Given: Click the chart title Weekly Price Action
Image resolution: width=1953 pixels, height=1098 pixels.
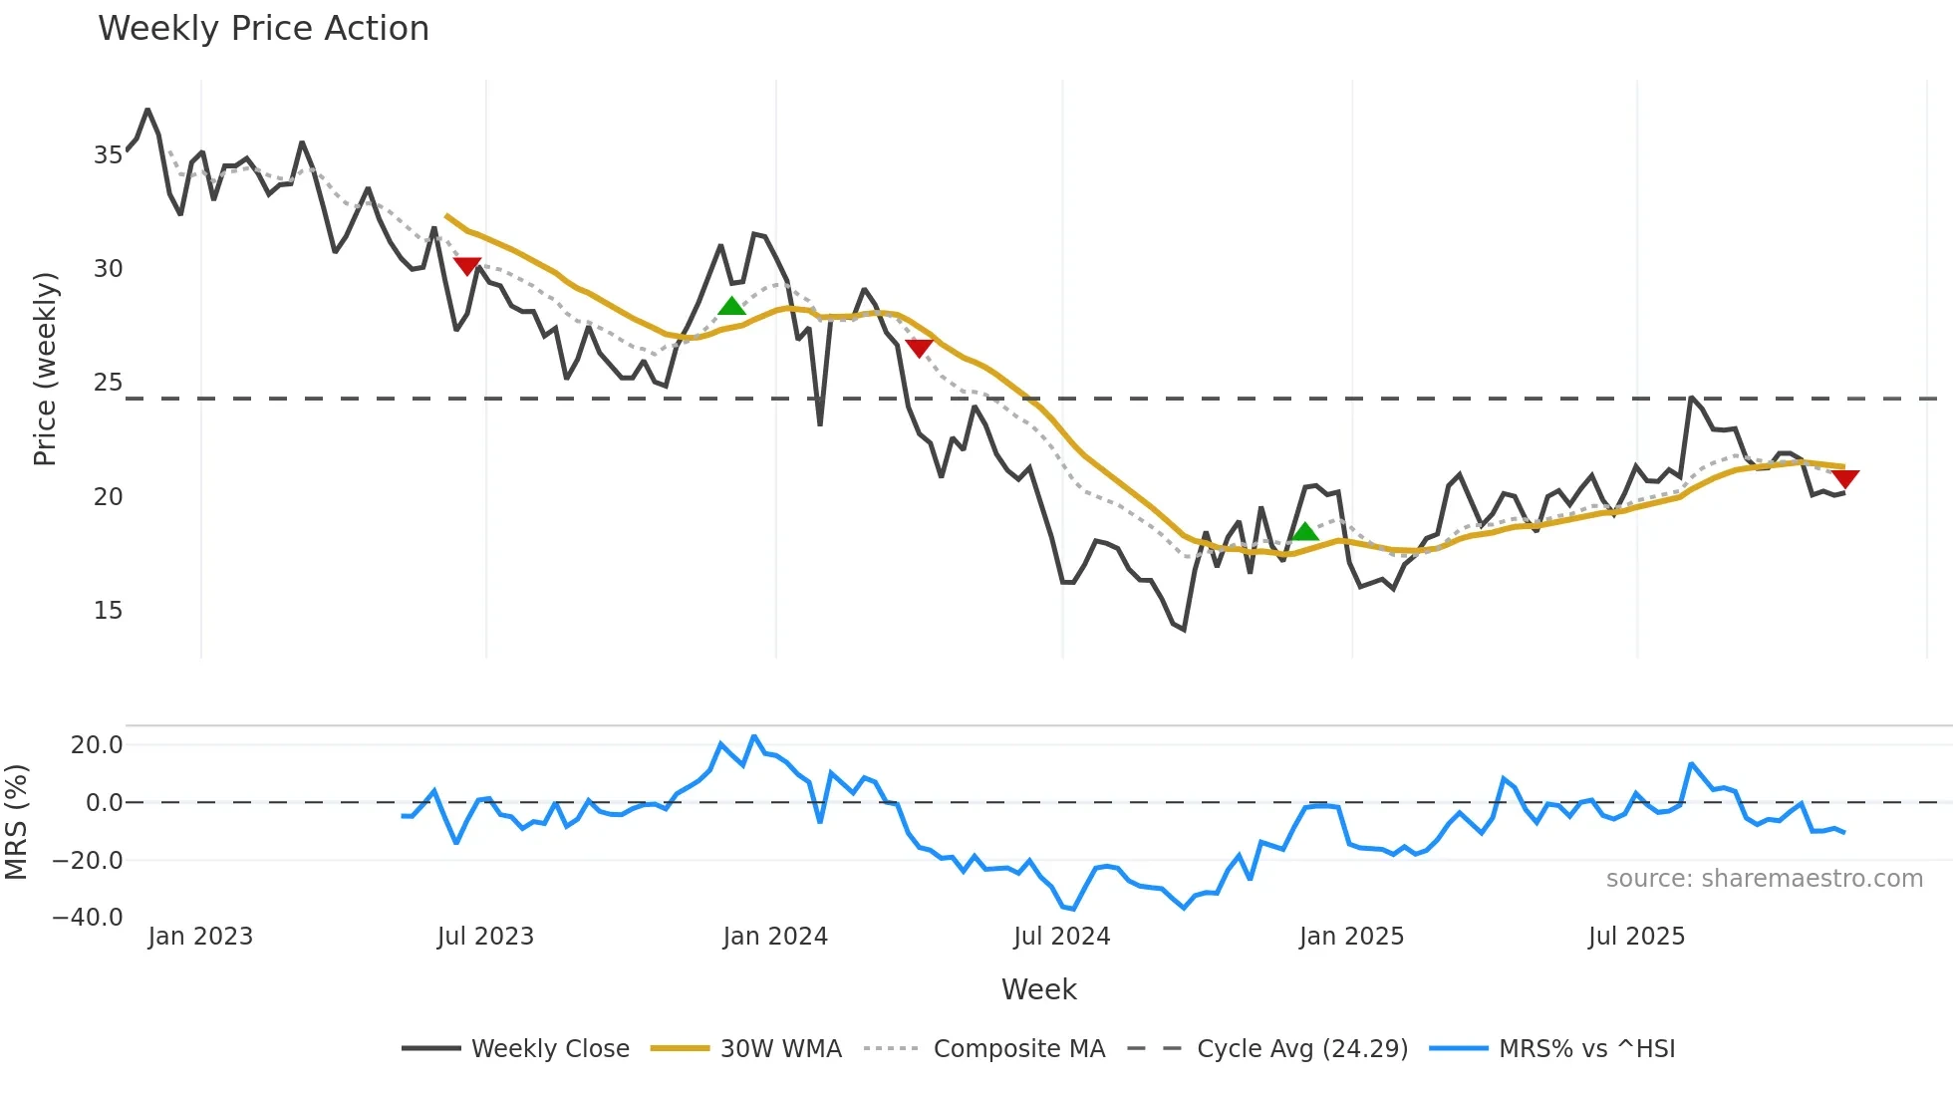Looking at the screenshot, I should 263,29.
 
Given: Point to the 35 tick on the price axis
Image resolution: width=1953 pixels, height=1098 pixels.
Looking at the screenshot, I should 108,155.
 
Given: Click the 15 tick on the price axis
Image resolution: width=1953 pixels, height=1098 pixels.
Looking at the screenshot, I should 108,611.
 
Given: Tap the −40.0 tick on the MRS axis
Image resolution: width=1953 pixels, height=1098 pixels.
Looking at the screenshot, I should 88,918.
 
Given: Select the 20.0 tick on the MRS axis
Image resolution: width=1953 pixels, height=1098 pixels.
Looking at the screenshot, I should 97,745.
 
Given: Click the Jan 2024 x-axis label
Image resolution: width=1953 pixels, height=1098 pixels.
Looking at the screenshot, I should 775,937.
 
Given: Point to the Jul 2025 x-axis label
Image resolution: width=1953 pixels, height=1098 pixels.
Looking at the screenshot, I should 1636,937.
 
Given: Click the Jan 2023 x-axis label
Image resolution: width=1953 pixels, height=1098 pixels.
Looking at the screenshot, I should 200,937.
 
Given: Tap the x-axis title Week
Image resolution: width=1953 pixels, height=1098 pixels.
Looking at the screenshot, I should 1038,989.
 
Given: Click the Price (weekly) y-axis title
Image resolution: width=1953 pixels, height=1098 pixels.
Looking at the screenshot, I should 45,369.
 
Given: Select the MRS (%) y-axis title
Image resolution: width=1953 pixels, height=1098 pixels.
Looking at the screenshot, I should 16,822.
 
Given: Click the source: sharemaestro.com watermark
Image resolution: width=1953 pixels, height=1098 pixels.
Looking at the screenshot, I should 1764,879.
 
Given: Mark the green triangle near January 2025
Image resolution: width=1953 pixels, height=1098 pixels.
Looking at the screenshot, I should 1305,532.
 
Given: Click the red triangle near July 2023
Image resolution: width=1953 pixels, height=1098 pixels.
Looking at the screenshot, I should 467,266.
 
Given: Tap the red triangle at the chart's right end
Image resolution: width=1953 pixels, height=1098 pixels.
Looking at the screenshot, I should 1844,479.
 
